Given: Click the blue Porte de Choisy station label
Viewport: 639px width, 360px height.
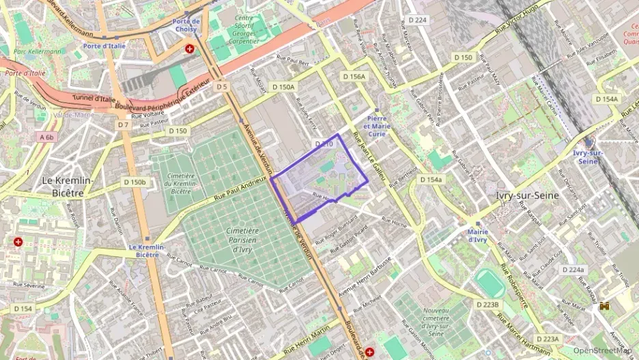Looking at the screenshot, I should pyautogui.click(x=186, y=25).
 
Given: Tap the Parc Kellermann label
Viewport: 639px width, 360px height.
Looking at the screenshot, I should pyautogui.click(x=38, y=51).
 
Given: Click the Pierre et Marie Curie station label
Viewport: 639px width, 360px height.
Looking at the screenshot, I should pyautogui.click(x=377, y=126).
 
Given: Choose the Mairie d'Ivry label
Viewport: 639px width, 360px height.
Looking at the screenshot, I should pyautogui.click(x=477, y=236).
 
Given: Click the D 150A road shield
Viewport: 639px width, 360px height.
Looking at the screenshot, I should pyautogui.click(x=283, y=87).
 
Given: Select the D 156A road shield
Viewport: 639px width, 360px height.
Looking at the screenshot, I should pyautogui.click(x=354, y=77).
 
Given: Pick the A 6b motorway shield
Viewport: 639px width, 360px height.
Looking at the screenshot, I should pyautogui.click(x=47, y=137).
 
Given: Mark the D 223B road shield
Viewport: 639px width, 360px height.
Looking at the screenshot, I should pyautogui.click(x=487, y=305).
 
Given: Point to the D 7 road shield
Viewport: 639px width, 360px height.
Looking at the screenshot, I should pyautogui.click(x=123, y=125).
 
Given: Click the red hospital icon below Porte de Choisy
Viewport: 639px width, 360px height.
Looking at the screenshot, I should pyautogui.click(x=189, y=49).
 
